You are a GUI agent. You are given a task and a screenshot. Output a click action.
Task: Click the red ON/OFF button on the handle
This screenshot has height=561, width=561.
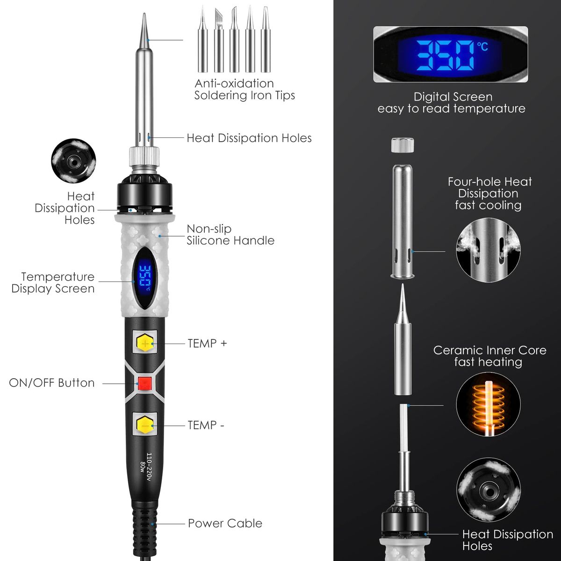(x=144, y=383)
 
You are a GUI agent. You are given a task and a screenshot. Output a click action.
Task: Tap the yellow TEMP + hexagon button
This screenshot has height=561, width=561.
(x=144, y=344)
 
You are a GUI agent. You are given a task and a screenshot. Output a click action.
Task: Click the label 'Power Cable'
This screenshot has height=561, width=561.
(x=225, y=524)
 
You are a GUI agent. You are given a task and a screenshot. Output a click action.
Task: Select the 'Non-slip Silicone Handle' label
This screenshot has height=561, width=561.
(x=230, y=235)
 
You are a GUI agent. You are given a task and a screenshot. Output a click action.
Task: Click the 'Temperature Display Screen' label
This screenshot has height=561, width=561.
(x=53, y=283)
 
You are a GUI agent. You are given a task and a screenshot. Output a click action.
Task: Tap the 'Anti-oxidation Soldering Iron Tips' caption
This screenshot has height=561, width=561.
(x=245, y=89)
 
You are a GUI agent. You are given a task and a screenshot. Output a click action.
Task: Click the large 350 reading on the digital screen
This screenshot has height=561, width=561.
(x=444, y=55)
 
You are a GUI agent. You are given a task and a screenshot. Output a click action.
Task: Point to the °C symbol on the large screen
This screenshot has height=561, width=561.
(x=482, y=47)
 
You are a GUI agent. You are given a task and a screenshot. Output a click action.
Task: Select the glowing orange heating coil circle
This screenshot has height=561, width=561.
(x=488, y=405)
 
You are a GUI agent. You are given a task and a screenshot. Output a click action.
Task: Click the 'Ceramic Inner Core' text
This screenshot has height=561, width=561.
(x=489, y=351)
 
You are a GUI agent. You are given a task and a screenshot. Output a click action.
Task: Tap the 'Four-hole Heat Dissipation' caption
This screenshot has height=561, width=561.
(x=489, y=187)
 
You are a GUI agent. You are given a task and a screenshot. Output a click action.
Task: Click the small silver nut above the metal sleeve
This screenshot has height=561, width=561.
(x=403, y=145)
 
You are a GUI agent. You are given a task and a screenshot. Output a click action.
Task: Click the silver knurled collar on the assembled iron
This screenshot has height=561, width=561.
(x=144, y=157)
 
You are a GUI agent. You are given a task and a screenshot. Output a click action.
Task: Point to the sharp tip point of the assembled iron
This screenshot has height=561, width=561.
(x=144, y=14)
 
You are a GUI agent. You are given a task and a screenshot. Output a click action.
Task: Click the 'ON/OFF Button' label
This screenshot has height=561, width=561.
(x=52, y=383)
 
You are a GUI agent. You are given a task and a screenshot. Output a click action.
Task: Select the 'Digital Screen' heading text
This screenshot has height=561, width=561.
(x=453, y=97)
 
